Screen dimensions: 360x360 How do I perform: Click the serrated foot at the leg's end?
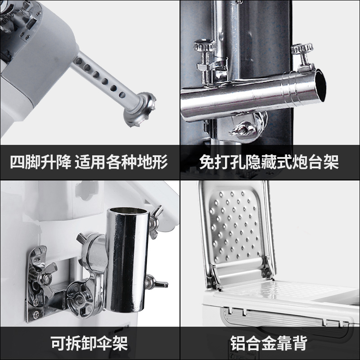tap(139, 109)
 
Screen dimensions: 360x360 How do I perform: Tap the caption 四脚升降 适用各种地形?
tap(89, 162)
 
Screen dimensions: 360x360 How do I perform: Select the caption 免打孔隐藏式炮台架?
tap(269, 162)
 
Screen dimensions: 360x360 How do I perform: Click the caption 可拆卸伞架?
tap(89, 343)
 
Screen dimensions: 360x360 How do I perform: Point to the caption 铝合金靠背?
tap(269, 343)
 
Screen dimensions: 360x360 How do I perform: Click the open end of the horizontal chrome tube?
tap(320, 85)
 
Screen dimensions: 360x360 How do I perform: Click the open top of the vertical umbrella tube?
tap(128, 211)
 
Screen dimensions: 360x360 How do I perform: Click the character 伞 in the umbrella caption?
tap(105, 343)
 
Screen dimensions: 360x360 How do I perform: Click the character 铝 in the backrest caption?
tap(238, 343)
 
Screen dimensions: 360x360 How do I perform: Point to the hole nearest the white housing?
tap(78, 61)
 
